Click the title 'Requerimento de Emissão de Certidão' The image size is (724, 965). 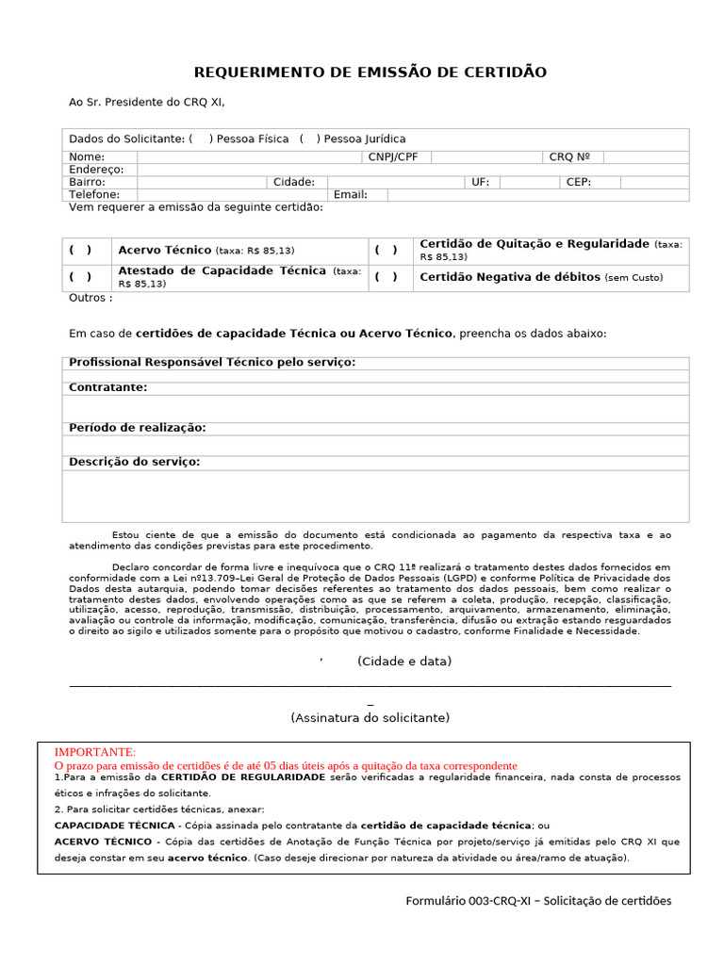click(x=370, y=73)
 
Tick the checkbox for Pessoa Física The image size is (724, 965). click(x=201, y=139)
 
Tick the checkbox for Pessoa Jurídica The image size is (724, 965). click(x=310, y=139)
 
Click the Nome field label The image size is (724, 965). click(x=87, y=157)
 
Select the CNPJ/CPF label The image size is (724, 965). click(x=393, y=157)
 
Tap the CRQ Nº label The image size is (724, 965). click(x=569, y=157)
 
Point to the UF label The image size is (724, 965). click(x=480, y=182)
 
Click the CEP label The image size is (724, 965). click(x=578, y=182)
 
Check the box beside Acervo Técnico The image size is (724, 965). click(x=80, y=251)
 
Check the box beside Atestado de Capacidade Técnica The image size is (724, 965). click(x=80, y=277)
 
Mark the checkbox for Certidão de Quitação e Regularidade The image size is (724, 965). click(x=386, y=251)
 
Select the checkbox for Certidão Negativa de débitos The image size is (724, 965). click(x=386, y=277)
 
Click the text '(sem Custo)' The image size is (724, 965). click(x=633, y=278)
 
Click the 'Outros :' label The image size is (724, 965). click(x=90, y=298)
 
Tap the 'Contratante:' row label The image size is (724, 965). click(x=108, y=387)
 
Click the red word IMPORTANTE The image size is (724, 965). click(x=95, y=752)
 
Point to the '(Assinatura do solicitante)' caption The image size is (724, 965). click(x=370, y=718)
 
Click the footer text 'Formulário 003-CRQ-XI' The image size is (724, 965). click(x=469, y=901)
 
